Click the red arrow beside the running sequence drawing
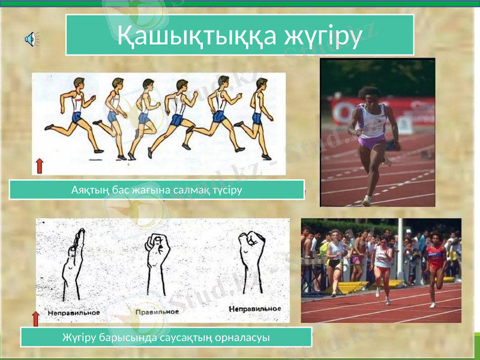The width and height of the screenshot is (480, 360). click(40, 165)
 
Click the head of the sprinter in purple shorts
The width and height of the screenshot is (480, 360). click(367, 95)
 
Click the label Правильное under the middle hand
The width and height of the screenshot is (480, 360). click(158, 311)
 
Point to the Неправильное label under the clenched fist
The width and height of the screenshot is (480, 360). click(254, 308)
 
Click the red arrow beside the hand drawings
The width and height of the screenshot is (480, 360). click(35, 319)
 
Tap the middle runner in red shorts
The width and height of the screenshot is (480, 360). click(382, 267)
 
